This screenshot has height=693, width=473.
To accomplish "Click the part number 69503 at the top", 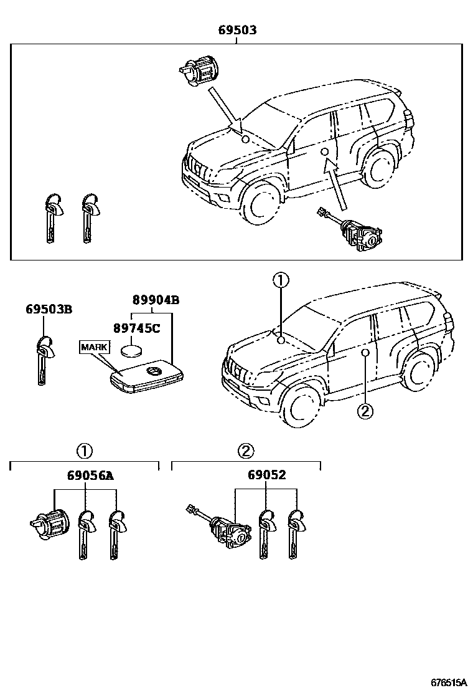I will tap(236, 30).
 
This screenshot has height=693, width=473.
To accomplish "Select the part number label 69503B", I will tap(49, 308).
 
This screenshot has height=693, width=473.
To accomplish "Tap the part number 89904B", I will tap(155, 300).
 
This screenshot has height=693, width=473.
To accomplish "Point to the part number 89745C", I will tap(136, 328).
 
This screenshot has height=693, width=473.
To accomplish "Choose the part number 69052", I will tap(266, 476).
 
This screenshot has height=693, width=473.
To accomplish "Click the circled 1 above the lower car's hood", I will tap(281, 281).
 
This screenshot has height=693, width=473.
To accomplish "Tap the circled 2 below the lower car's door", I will tap(365, 411).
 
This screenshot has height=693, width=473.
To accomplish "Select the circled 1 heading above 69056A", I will tap(85, 451).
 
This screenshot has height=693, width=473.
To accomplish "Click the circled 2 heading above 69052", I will tap(246, 451).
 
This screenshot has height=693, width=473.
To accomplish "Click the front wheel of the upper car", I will tap(258, 205).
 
